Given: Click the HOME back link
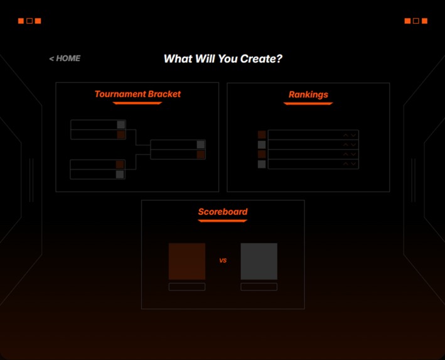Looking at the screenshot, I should [x=65, y=58].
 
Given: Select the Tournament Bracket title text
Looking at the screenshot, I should [x=137, y=94].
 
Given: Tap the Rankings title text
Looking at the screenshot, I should [x=308, y=94].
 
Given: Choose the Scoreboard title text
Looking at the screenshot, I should [x=223, y=212].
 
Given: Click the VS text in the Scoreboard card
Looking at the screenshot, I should [x=223, y=260].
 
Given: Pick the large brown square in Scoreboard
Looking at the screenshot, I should [x=187, y=261].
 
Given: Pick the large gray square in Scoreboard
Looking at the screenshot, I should [x=259, y=261].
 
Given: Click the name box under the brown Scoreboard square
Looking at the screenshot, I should [x=187, y=287].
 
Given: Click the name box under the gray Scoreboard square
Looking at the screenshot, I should [x=259, y=287].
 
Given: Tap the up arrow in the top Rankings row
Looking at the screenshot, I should [x=346, y=134].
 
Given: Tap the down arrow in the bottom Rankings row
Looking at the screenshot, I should [x=354, y=164].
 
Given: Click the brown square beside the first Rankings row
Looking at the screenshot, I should [x=262, y=134].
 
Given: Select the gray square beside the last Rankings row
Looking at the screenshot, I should [x=262, y=164].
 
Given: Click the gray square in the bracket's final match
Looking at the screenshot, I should [x=201, y=145].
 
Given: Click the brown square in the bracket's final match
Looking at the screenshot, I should [x=201, y=155].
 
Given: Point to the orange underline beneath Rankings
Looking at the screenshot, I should [x=308, y=104].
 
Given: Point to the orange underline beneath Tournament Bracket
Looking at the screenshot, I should [x=137, y=103].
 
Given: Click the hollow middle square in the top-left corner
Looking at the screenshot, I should [x=29, y=21].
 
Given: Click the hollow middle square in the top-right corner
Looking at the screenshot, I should [x=416, y=21].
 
